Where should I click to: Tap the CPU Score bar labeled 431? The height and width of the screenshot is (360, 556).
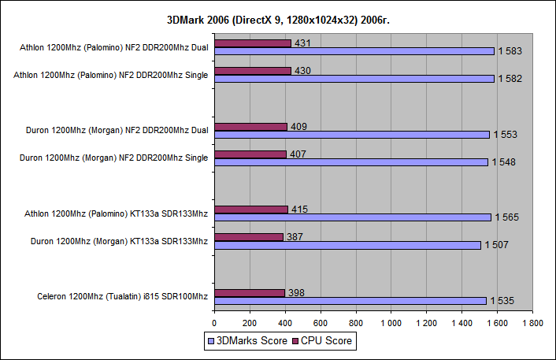252,43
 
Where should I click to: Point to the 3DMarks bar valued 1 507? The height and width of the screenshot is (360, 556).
347,245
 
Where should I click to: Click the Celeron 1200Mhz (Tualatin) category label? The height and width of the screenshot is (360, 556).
122,296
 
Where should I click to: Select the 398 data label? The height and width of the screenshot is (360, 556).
296,293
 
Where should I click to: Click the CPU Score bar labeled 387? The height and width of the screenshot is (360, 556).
248,237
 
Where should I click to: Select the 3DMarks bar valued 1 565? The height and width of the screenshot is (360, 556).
352,217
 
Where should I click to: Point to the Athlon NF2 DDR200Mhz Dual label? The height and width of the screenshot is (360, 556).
114,47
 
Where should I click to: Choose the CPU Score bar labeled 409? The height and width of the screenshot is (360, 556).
250,126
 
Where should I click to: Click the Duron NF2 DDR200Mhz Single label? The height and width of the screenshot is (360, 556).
113,158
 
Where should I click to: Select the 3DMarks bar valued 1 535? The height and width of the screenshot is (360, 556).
350,300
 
